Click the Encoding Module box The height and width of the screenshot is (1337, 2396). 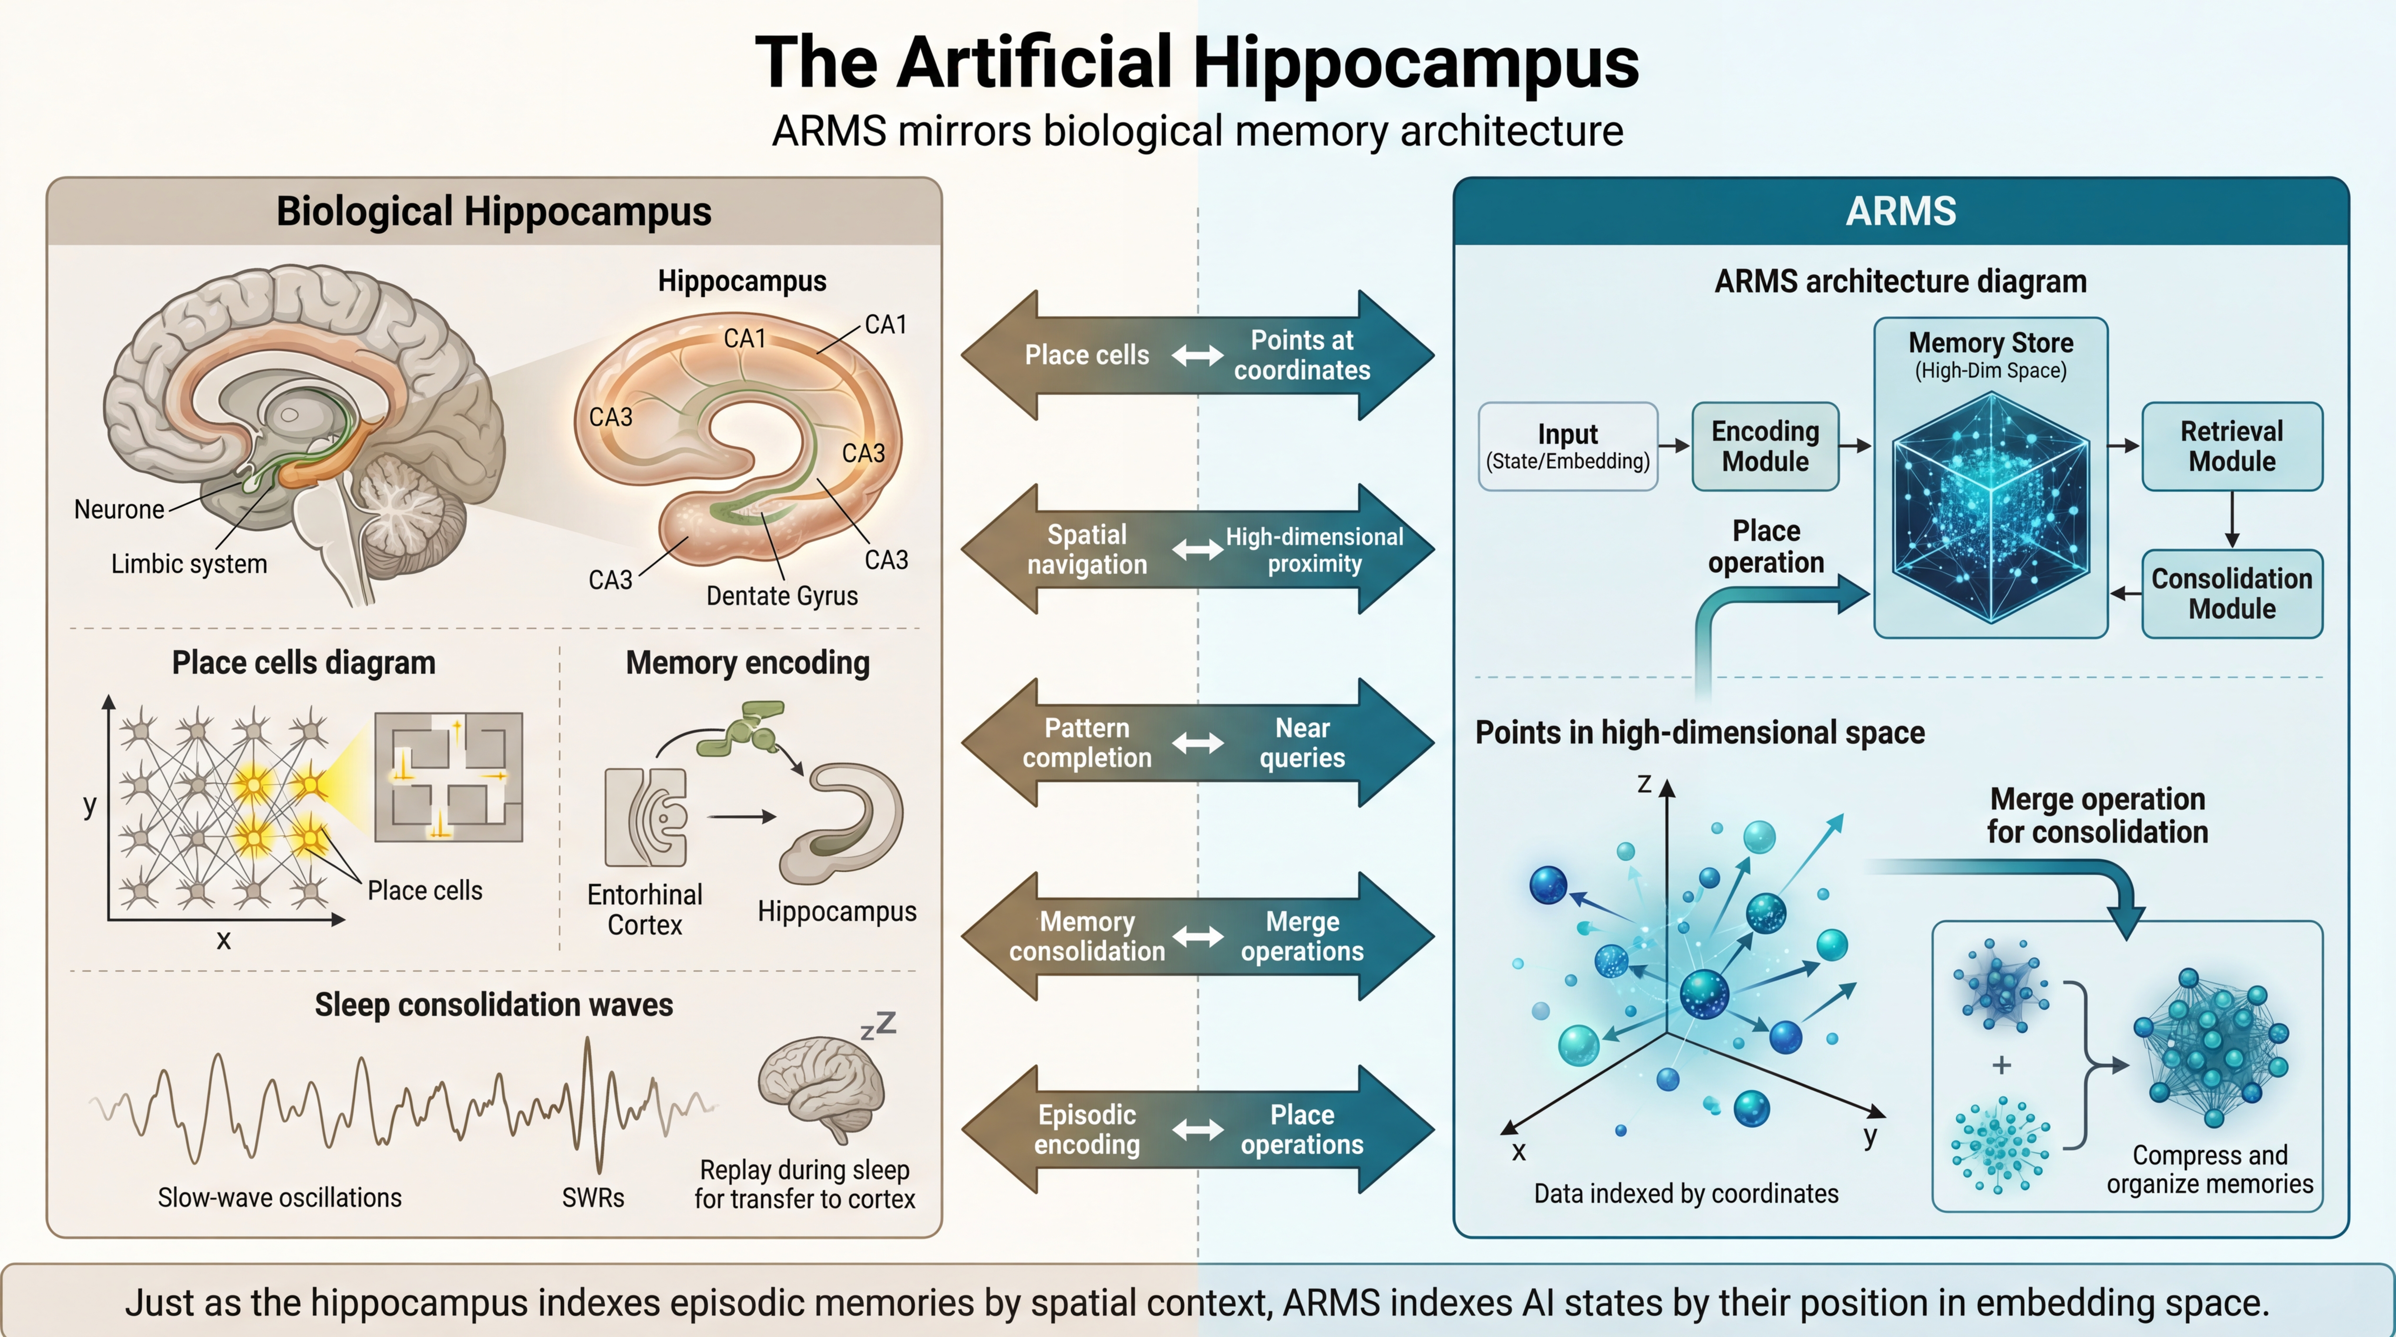point(1764,446)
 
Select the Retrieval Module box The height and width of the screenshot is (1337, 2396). point(2231,446)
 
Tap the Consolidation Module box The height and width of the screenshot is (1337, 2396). point(2231,593)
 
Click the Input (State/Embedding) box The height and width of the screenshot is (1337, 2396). point(1567,446)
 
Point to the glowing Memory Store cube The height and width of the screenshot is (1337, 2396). point(1990,507)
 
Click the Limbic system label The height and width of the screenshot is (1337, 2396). point(189,564)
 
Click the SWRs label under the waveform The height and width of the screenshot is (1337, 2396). point(592,1198)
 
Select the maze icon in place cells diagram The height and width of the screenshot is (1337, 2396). point(448,777)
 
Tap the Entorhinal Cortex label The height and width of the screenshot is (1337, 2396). point(645,909)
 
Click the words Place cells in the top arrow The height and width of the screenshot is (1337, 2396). point(1087,355)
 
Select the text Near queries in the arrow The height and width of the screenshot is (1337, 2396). point(1302,743)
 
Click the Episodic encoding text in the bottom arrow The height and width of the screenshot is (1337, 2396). point(1087,1130)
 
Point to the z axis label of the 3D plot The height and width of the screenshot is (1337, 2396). point(1643,784)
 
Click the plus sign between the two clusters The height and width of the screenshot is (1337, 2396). point(2002,1065)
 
